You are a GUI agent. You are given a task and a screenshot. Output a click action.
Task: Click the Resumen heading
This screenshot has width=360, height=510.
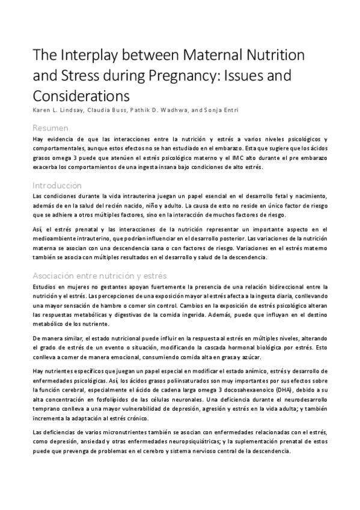pyautogui.click(x=50, y=127)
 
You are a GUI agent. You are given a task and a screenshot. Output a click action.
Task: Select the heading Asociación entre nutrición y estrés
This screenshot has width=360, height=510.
pyautogui.click(x=99, y=276)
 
